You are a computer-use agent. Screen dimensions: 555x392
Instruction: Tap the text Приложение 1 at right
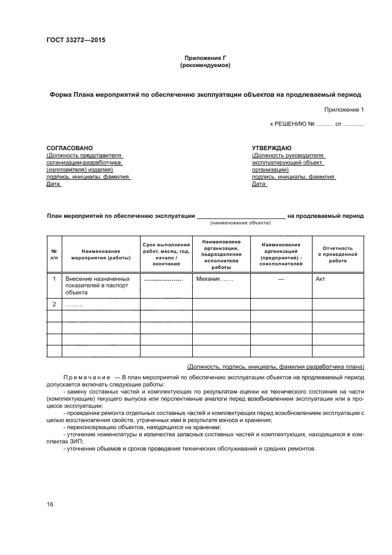[x=344, y=110]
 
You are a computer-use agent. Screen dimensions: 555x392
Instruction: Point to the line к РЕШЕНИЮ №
[x=317, y=125]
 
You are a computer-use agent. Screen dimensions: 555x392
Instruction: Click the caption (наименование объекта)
[x=240, y=223]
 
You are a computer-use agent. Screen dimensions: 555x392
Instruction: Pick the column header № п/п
[x=54, y=254]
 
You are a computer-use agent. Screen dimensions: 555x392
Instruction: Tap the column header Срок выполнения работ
[x=166, y=254]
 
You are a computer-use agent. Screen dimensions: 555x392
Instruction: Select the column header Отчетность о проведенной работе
[x=337, y=254]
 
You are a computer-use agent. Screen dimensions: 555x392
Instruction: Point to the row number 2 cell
[x=54, y=305]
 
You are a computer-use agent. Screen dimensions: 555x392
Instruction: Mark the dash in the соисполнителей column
[x=281, y=278]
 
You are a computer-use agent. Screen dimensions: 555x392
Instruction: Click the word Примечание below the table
[x=84, y=377]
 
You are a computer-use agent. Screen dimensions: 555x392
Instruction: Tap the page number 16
[x=50, y=505]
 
